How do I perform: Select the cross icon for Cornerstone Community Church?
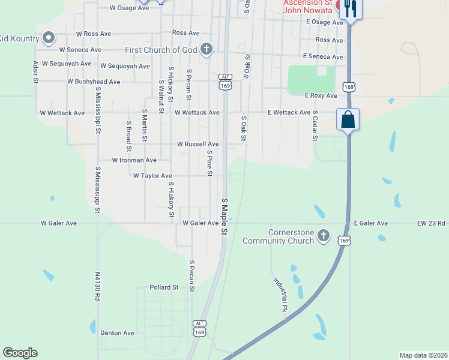(x=324, y=235)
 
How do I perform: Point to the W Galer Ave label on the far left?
(x=59, y=223)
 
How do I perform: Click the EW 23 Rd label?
(x=432, y=223)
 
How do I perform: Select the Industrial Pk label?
(x=280, y=295)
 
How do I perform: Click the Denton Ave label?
(x=117, y=333)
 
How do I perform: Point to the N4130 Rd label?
(x=97, y=290)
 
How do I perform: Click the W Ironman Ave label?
(x=134, y=160)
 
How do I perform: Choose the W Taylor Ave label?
(x=152, y=176)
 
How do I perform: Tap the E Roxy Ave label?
(x=321, y=95)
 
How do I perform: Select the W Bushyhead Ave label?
(x=94, y=81)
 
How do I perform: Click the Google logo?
(x=20, y=353)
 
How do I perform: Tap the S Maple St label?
(x=224, y=217)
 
